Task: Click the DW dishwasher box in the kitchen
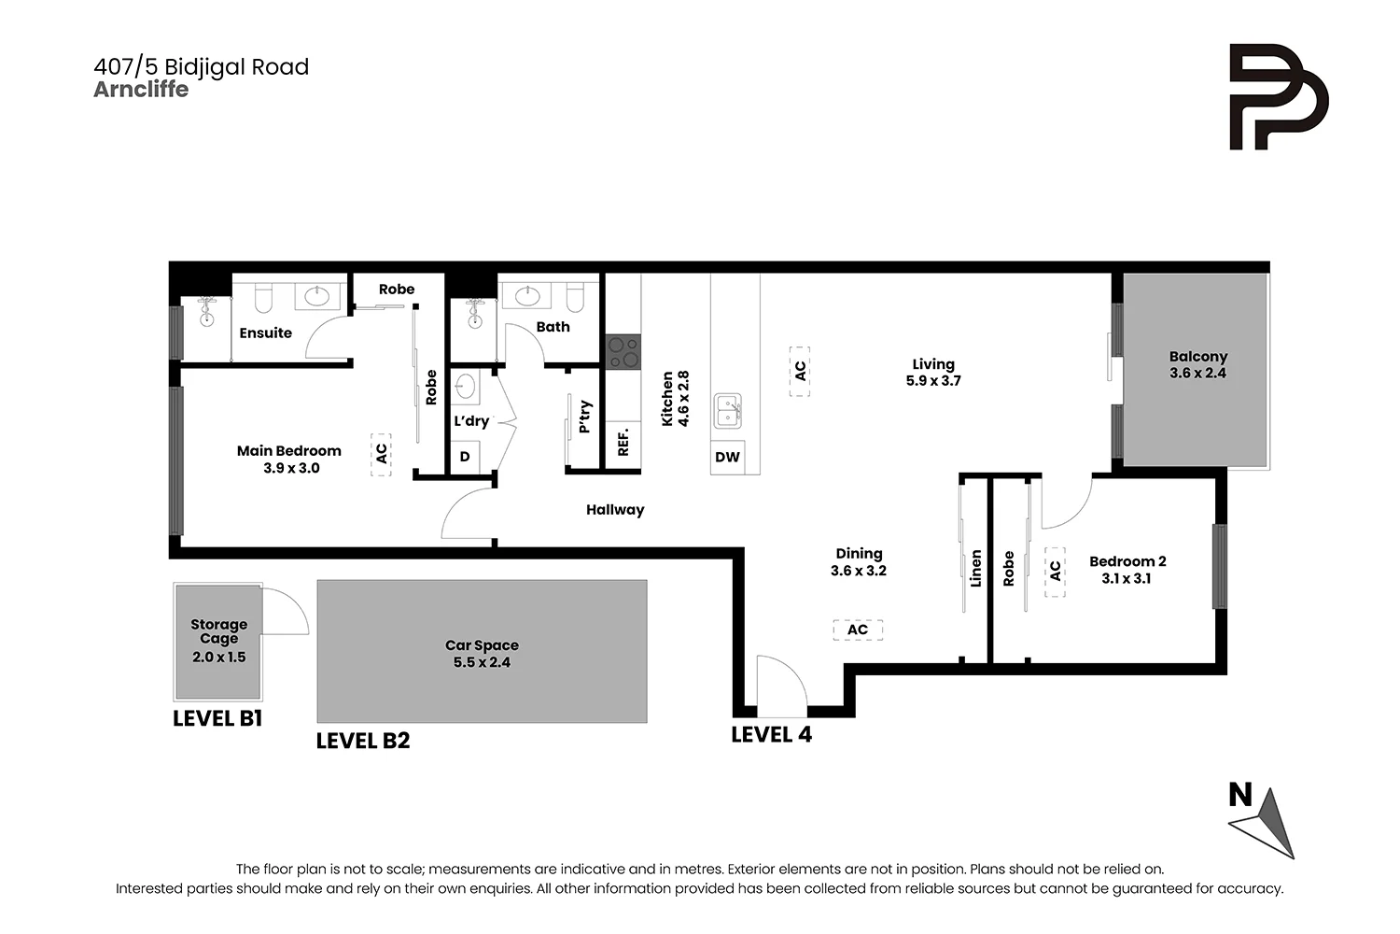[727, 458]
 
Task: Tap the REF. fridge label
[623, 443]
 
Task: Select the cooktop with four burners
[623, 352]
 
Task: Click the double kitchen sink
[728, 411]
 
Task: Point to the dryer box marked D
[465, 457]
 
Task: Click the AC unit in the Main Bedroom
[381, 455]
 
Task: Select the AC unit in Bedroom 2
[1055, 572]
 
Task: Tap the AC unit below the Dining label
[858, 630]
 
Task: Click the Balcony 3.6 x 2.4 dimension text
[1198, 373]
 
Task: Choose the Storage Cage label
[218, 631]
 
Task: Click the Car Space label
[482, 645]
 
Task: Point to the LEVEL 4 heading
[771, 734]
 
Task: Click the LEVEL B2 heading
[363, 741]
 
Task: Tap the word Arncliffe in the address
[141, 90]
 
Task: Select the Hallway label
[615, 510]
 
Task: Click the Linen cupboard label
[975, 568]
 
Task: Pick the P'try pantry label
[585, 417]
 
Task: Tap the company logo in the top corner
[1279, 97]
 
